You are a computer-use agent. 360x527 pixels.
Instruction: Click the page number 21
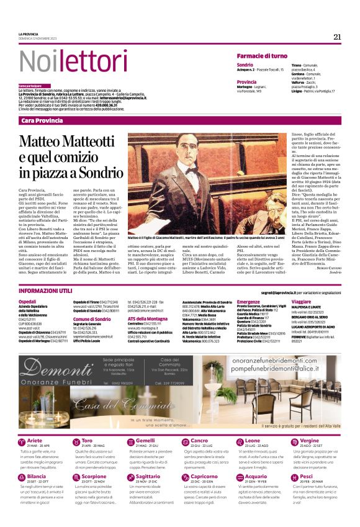click(337, 37)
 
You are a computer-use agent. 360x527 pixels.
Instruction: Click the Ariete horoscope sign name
click(35, 440)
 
